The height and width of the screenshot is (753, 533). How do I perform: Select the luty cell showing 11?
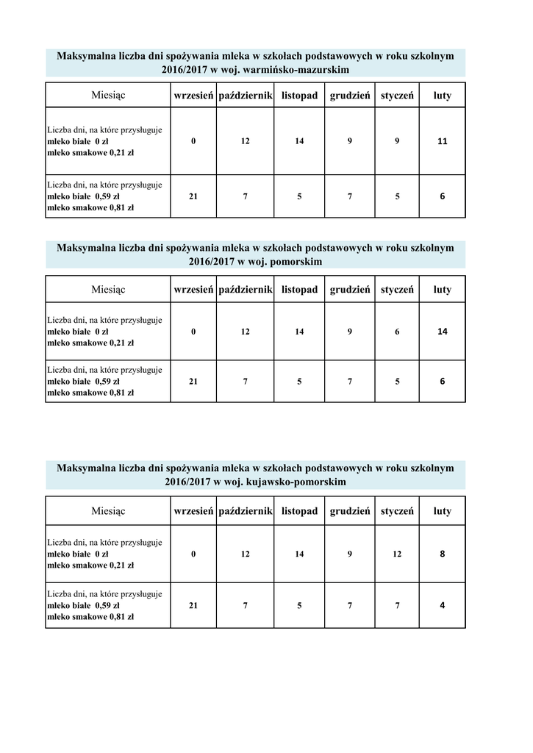(x=442, y=141)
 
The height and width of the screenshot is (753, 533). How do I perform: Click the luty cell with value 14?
(x=442, y=332)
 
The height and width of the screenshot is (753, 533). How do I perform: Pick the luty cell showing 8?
(x=442, y=554)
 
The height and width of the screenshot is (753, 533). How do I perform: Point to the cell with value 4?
(x=442, y=606)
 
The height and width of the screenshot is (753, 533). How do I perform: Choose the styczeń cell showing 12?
(x=397, y=554)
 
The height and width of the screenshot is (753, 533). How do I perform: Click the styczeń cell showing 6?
(x=397, y=332)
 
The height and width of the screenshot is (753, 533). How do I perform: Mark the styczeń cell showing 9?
(x=397, y=141)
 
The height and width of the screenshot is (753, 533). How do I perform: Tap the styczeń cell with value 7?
(x=397, y=606)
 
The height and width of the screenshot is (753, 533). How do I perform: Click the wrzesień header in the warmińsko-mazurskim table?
(x=193, y=96)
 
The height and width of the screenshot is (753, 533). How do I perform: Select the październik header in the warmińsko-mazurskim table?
(x=246, y=96)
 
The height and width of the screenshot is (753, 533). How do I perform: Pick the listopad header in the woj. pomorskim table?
(x=299, y=290)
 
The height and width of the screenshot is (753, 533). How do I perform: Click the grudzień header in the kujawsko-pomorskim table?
(x=350, y=511)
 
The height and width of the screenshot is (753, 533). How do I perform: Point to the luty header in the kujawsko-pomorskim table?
(x=442, y=511)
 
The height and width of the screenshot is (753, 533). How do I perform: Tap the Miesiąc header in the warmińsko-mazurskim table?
(x=108, y=96)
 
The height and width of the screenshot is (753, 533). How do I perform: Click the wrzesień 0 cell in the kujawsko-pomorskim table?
(x=193, y=554)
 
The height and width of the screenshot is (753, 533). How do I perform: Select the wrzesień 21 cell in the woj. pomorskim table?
(x=193, y=382)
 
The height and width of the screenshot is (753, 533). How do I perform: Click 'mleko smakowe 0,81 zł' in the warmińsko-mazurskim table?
(x=90, y=208)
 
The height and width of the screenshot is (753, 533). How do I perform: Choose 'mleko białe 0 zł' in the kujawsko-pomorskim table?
(x=78, y=554)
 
